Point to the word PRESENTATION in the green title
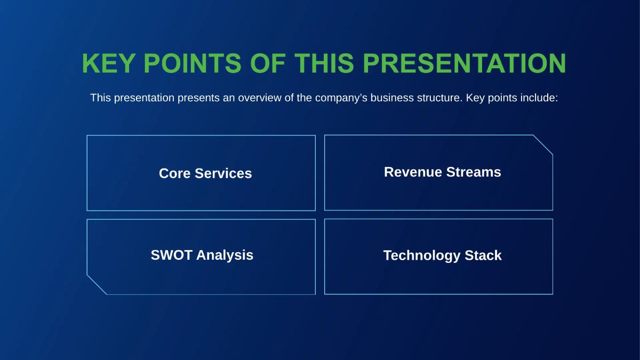click(464, 64)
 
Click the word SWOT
click(171, 255)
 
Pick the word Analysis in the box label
click(225, 255)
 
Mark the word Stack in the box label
click(483, 255)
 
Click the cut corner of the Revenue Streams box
click(543, 145)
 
